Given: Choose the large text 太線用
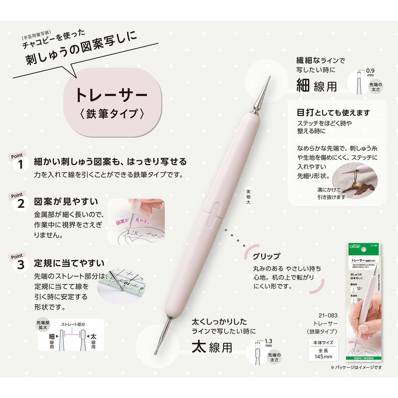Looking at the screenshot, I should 212,347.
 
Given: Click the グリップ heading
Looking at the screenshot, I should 266,257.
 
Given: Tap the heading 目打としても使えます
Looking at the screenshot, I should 333,113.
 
